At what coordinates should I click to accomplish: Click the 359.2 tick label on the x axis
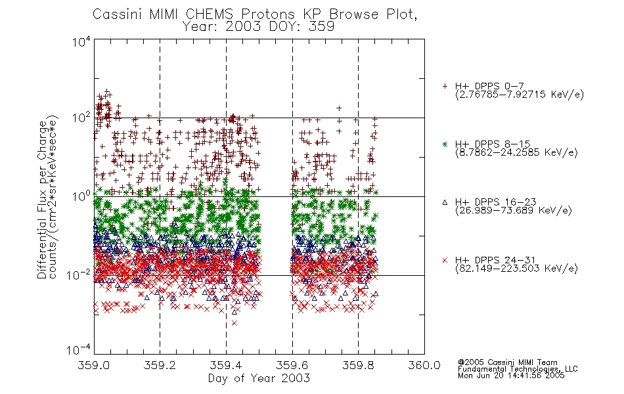pyautogui.click(x=160, y=365)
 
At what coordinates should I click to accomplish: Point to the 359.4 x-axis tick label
pyautogui.click(x=226, y=365)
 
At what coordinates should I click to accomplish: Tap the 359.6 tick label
pyautogui.click(x=292, y=365)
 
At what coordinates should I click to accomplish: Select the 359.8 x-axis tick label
pyautogui.click(x=358, y=365)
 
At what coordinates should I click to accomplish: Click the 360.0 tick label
pyautogui.click(x=424, y=365)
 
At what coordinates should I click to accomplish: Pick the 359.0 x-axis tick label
pyautogui.click(x=94, y=365)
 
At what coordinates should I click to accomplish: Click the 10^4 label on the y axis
pyautogui.click(x=81, y=42)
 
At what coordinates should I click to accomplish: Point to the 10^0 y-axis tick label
pyautogui.click(x=81, y=196)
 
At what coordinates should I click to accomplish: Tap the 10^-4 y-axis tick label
pyautogui.click(x=79, y=350)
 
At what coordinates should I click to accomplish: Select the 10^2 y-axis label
pyautogui.click(x=81, y=118)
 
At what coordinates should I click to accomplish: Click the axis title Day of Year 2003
pyautogui.click(x=259, y=378)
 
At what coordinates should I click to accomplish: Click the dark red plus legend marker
pyautogui.click(x=445, y=86)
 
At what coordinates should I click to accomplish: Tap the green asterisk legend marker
pyautogui.click(x=445, y=144)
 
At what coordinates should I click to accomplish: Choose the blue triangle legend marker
pyautogui.click(x=445, y=202)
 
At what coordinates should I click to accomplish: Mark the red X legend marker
pyautogui.click(x=445, y=260)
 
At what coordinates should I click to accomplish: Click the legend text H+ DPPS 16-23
pyautogui.click(x=495, y=202)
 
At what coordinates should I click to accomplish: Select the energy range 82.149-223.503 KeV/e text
pyautogui.click(x=516, y=268)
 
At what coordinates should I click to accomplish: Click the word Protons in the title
pyautogui.click(x=268, y=14)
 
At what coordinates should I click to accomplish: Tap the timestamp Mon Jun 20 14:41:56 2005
pyautogui.click(x=511, y=376)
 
